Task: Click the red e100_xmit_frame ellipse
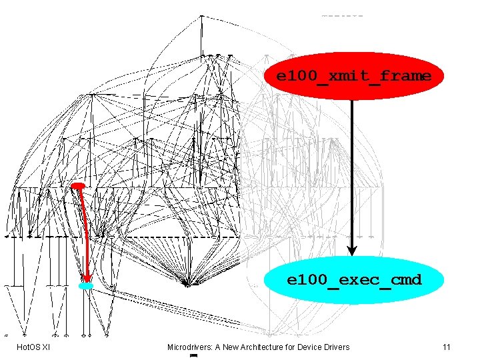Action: [x=354, y=76]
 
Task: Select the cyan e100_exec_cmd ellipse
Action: [x=354, y=280]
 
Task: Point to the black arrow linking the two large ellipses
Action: [x=352, y=173]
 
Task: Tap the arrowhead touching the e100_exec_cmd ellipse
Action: [x=352, y=251]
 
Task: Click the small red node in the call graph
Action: [x=78, y=185]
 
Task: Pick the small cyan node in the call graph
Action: [x=86, y=286]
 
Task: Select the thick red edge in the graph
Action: [x=82, y=233]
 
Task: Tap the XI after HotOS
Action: [x=46, y=347]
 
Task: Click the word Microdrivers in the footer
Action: [x=188, y=347]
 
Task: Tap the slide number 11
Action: [x=447, y=347]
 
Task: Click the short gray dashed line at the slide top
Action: [x=342, y=15]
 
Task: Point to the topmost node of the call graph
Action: [x=201, y=16]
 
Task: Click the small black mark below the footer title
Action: [x=193, y=357]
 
